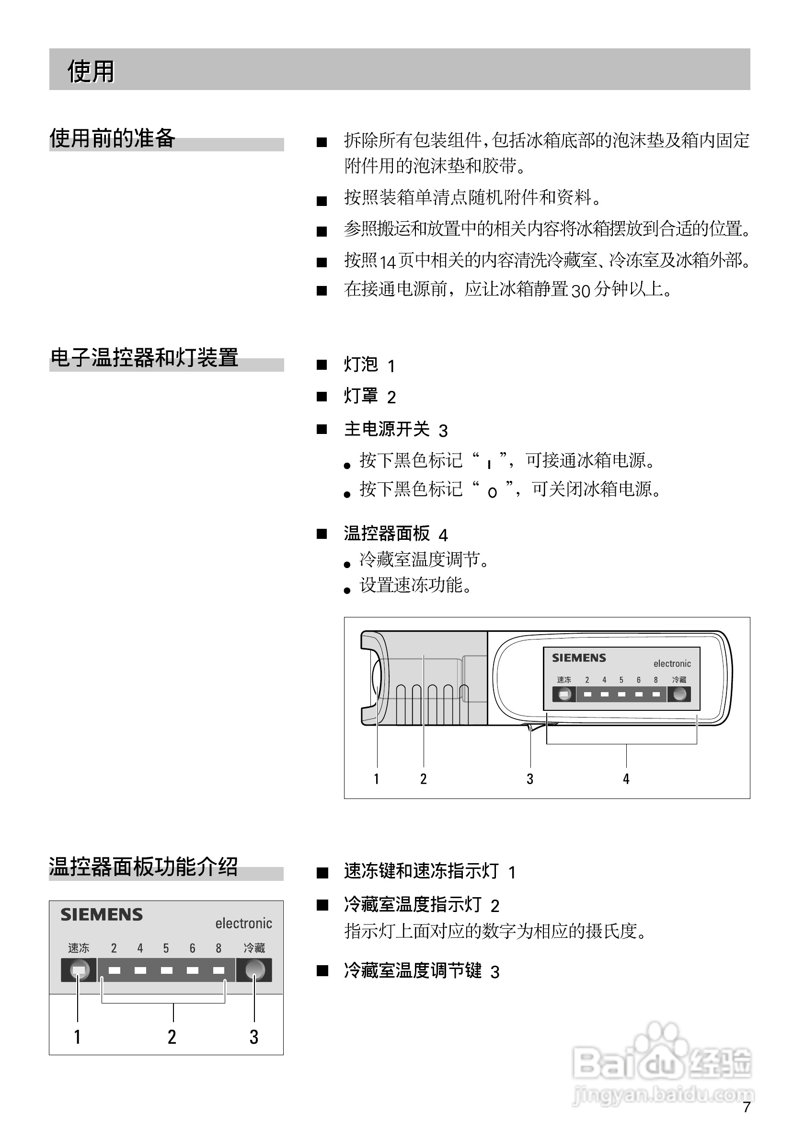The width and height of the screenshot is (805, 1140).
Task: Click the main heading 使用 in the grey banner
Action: point(91,71)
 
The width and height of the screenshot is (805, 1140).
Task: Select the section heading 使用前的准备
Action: point(112,138)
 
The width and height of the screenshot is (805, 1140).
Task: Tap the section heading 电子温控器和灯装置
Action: point(145,357)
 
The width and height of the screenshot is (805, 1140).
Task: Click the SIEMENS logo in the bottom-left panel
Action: point(102,915)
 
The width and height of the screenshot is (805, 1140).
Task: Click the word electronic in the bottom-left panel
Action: point(243,923)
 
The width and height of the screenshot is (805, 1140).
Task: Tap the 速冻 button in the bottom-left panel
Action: point(79,969)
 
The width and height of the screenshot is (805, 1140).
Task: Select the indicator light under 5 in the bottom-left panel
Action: point(166,970)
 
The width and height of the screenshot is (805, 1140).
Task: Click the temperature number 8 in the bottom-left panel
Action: point(218,948)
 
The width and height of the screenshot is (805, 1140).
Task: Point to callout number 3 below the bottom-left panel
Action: point(254,1037)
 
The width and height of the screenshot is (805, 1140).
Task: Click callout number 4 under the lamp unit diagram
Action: point(626,779)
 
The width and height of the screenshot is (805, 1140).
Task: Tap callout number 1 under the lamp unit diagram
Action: point(377,779)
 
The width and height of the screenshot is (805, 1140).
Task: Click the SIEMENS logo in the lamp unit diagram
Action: point(579,658)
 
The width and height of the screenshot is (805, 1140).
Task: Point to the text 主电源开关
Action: point(387,429)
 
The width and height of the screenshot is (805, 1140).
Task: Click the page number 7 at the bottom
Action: point(746,1107)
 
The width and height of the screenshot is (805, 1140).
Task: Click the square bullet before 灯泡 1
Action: point(322,365)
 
